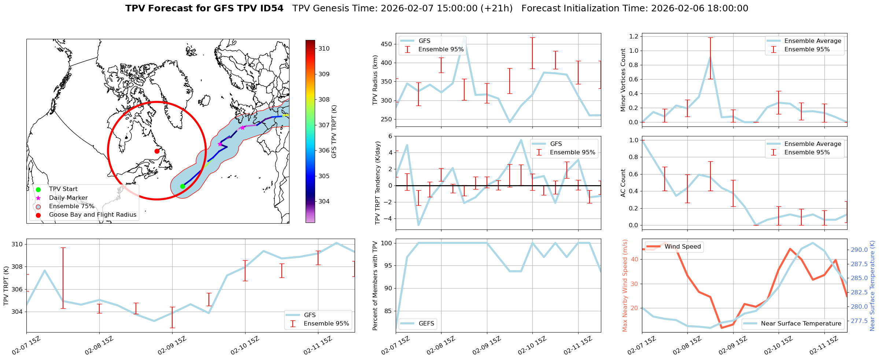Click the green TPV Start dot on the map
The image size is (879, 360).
click(x=182, y=186)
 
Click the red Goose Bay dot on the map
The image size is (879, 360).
click(x=157, y=151)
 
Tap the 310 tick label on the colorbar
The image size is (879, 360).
click(x=324, y=48)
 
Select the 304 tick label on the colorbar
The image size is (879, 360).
click(x=324, y=201)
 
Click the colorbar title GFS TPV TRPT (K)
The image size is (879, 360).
click(x=334, y=132)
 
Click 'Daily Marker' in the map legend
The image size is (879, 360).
click(x=68, y=198)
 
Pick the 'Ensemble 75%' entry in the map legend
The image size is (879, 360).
click(x=71, y=206)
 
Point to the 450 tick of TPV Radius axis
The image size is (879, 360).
click(x=387, y=44)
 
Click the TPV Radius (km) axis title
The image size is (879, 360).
click(x=375, y=80)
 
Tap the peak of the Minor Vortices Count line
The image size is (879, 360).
click(x=710, y=58)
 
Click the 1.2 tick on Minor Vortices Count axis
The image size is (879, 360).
click(x=634, y=36)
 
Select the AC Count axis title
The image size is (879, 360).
click(x=623, y=183)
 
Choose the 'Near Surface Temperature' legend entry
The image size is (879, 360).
click(x=801, y=323)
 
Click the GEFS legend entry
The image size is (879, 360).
click(x=426, y=323)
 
